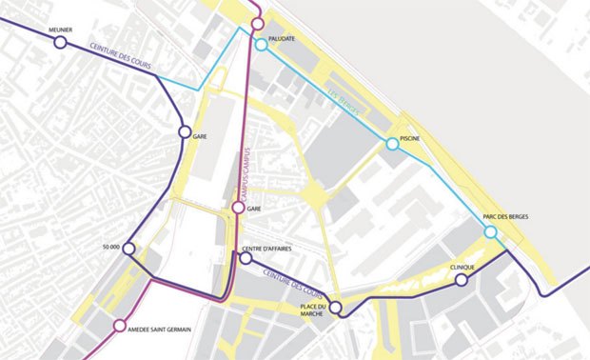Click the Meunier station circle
[60, 42]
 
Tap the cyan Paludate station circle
[260, 45]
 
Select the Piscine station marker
[392, 144]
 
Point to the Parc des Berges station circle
[490, 231]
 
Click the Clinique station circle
[462, 280]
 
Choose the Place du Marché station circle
[335, 307]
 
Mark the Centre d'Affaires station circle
[246, 257]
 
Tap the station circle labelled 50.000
[129, 250]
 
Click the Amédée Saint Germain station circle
[119, 325]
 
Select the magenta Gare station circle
[239, 207]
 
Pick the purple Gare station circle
[185, 133]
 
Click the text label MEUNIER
[61, 29]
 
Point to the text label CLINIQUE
[462, 268]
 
